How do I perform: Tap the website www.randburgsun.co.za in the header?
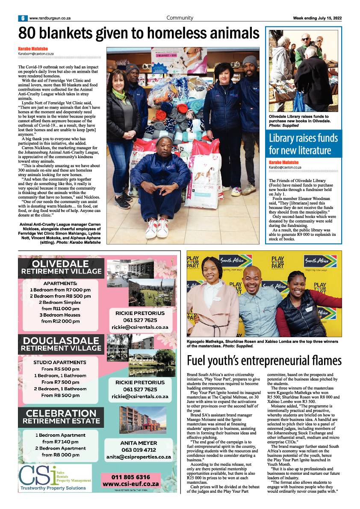coord(50,18)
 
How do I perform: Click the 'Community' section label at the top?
coord(180,18)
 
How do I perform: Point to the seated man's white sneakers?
coord(156,227)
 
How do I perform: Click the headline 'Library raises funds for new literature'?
coord(303,144)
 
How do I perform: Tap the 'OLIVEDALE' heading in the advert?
coord(60,263)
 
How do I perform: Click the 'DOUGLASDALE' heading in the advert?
coord(60,341)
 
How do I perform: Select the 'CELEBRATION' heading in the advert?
coord(61,413)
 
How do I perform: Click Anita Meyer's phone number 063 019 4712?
coord(139,450)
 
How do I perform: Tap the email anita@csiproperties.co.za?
coord(139,457)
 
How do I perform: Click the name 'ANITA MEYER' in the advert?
coord(139,443)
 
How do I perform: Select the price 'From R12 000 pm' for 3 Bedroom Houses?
coord(60,321)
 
